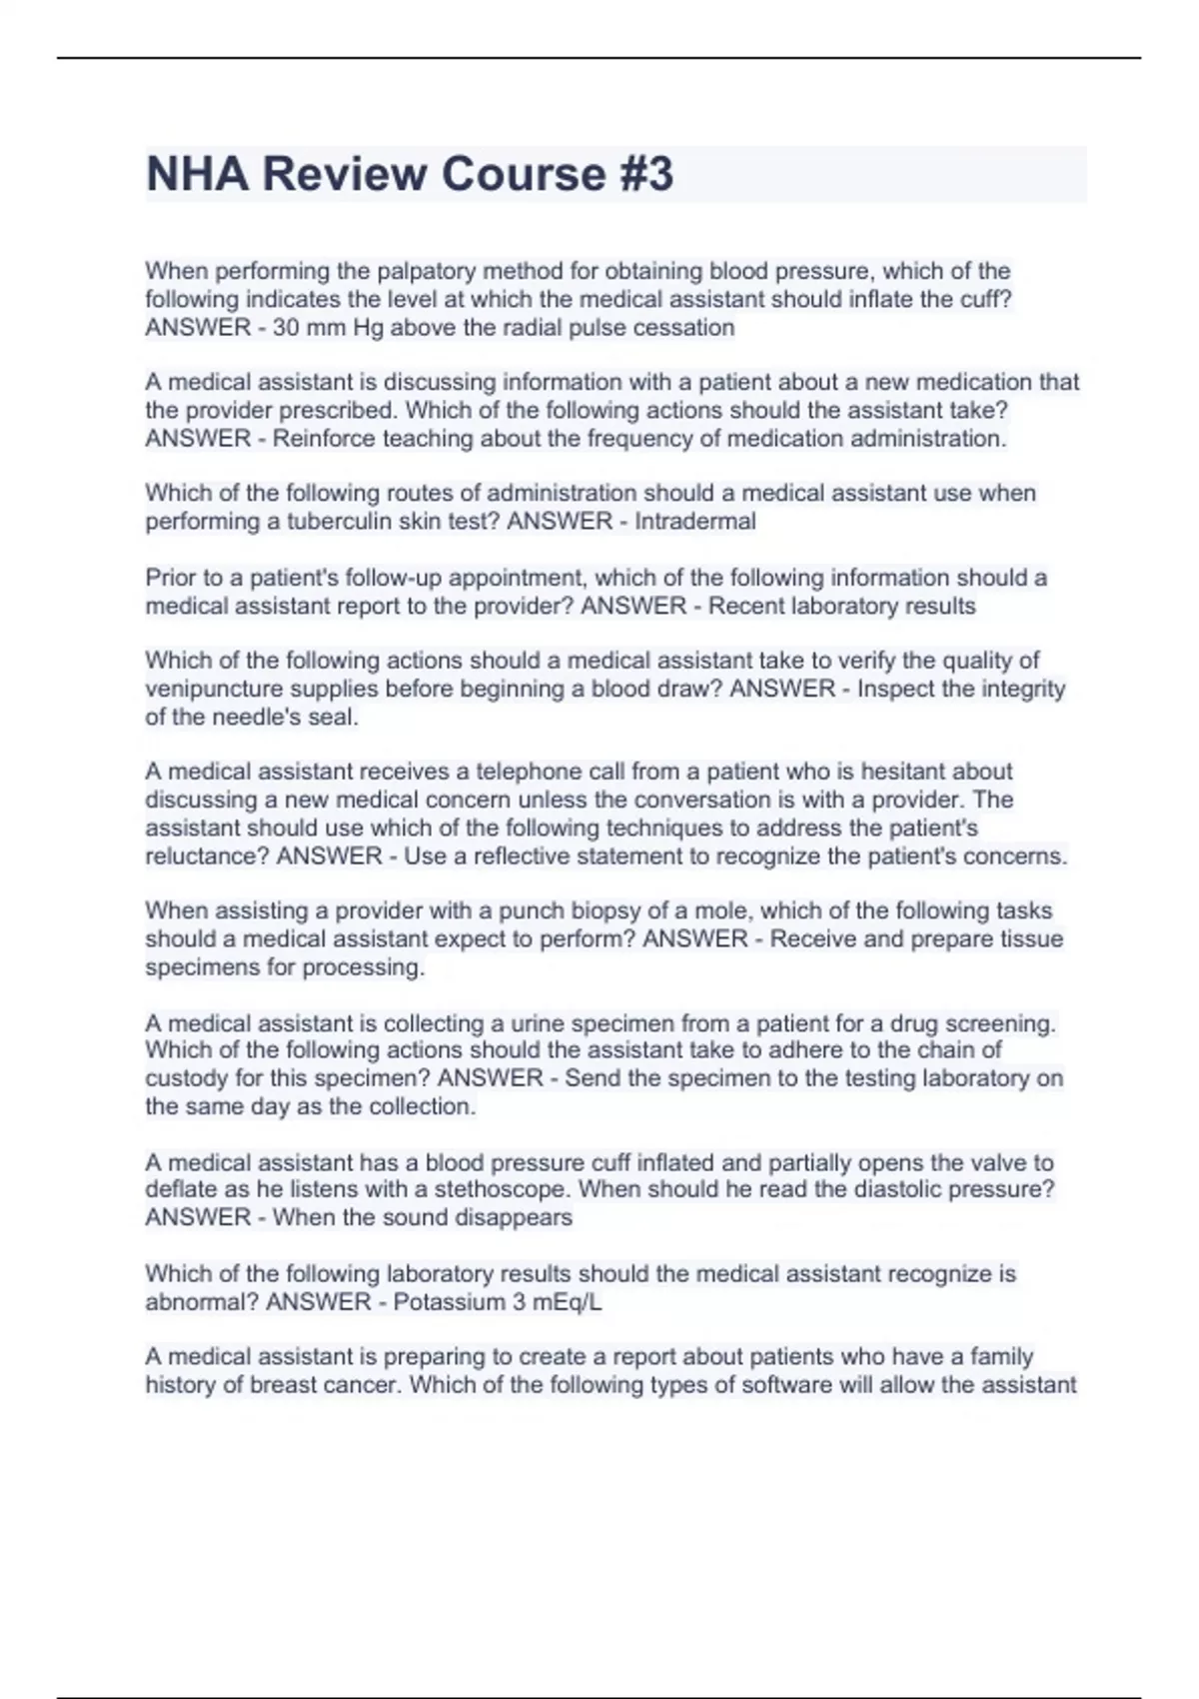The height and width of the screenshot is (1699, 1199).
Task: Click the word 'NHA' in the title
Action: [197, 174]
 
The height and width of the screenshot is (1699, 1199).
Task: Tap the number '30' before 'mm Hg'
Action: [286, 328]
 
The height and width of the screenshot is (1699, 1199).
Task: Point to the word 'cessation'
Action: [687, 328]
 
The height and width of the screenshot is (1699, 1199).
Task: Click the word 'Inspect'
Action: [896, 689]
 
